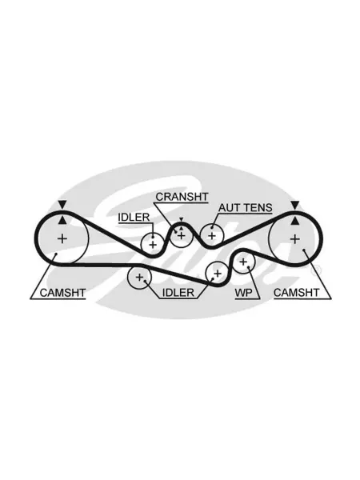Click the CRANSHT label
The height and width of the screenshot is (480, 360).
click(x=182, y=197)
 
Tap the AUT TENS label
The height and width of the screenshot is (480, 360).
click(x=246, y=208)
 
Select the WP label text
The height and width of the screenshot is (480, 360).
click(x=244, y=293)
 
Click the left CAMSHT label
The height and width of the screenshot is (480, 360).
click(x=62, y=293)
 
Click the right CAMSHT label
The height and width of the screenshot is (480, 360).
click(x=296, y=293)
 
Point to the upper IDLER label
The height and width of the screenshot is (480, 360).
click(x=134, y=218)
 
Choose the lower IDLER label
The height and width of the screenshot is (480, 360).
click(x=178, y=293)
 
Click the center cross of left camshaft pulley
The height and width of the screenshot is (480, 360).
click(x=62, y=238)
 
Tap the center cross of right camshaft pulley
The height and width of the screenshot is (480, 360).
click(x=294, y=238)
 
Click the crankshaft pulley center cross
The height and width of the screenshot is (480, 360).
click(x=182, y=236)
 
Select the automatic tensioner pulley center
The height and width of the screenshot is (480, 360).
click(x=212, y=236)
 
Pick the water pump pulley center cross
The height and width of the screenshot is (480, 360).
click(x=243, y=262)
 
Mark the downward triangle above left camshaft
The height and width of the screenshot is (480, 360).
click(x=62, y=205)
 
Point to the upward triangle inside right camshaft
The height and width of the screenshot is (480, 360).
click(x=294, y=220)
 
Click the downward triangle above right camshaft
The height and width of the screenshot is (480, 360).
click(x=294, y=205)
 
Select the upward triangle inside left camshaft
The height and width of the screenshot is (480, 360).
click(x=62, y=220)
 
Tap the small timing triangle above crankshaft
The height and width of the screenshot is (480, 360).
click(x=182, y=219)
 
